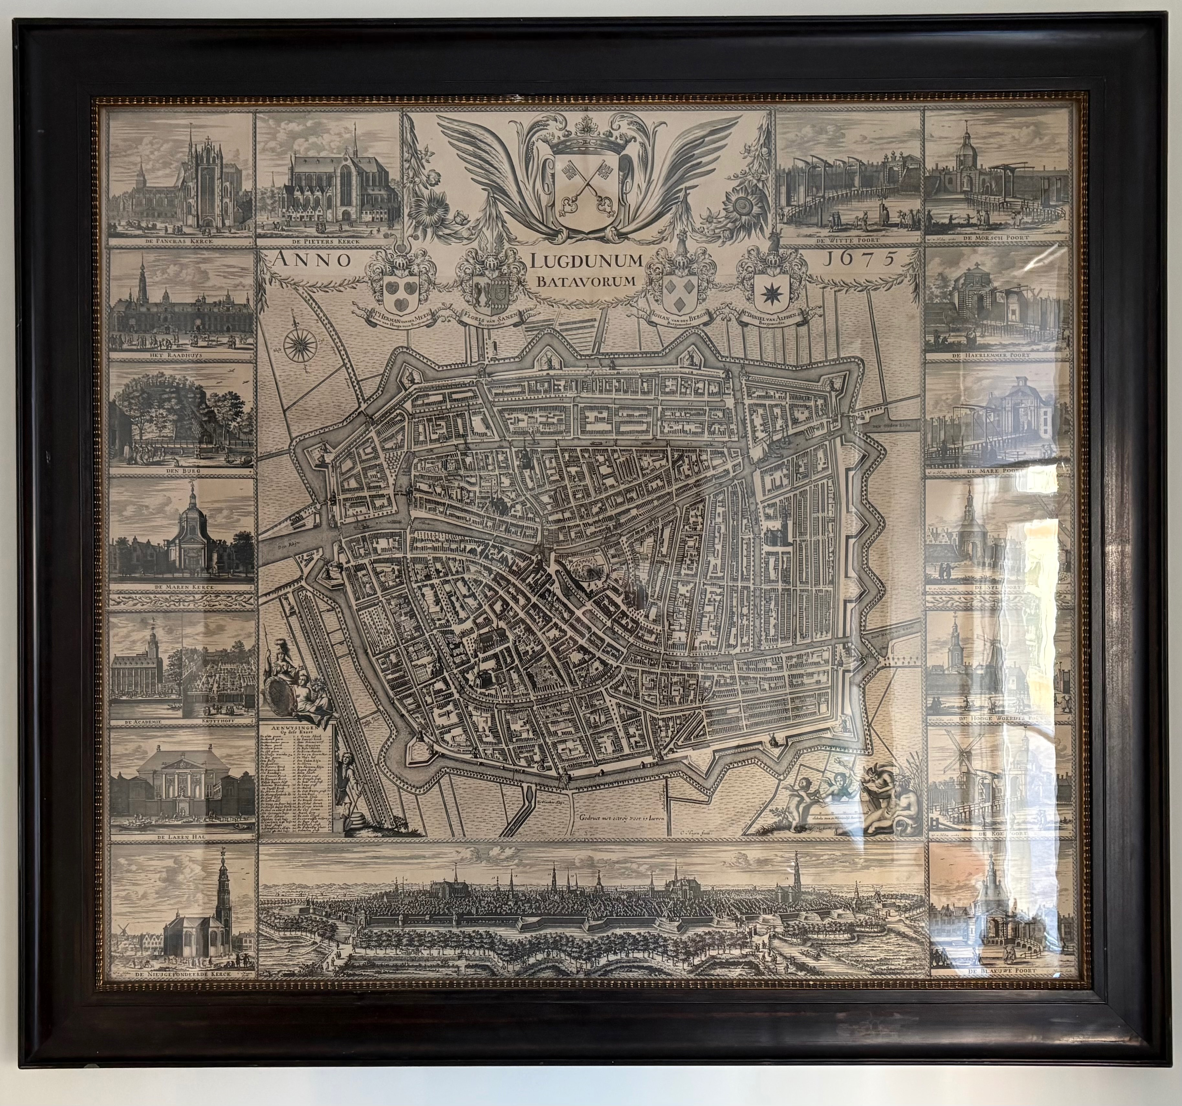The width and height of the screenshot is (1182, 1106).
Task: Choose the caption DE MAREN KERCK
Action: [182, 588]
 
